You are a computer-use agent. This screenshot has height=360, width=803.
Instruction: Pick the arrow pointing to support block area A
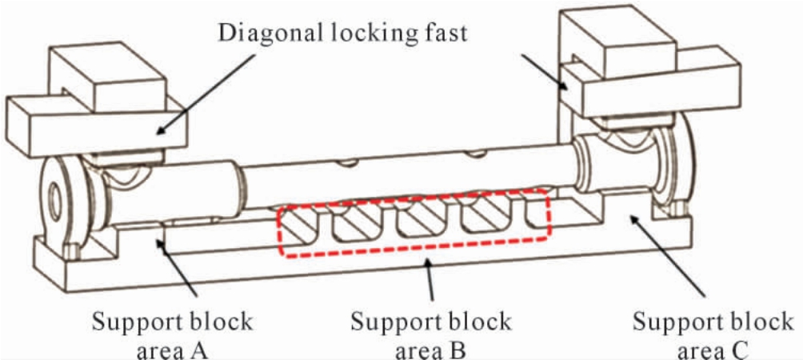click(178, 267)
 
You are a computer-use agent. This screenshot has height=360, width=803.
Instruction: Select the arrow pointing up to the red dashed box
click(429, 278)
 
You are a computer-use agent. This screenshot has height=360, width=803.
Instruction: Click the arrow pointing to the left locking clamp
click(205, 94)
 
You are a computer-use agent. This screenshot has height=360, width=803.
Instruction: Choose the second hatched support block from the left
click(358, 220)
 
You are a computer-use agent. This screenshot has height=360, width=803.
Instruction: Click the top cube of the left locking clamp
click(106, 78)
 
